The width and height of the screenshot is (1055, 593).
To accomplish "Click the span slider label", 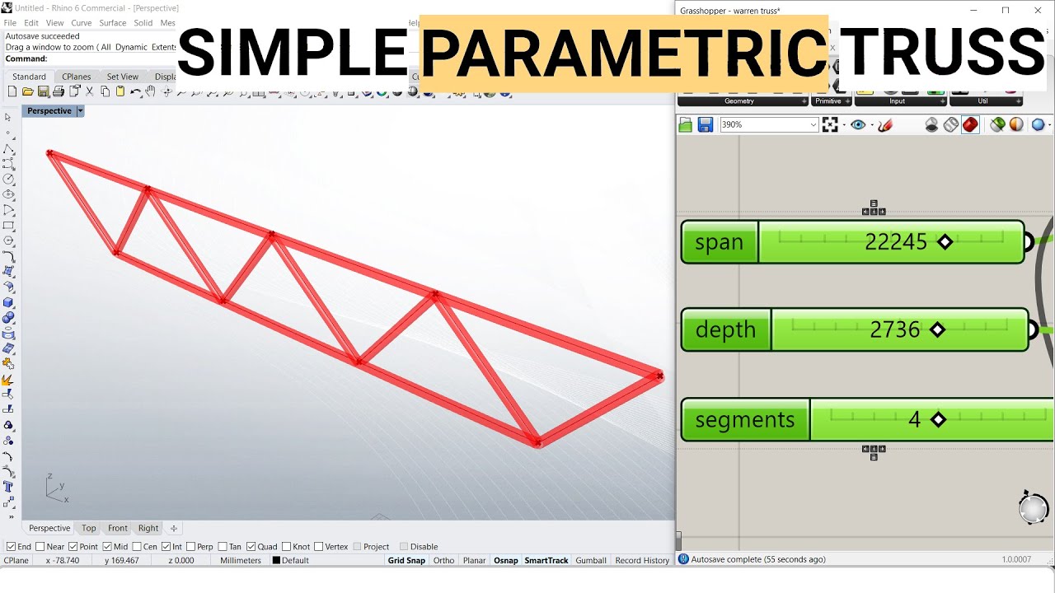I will click(x=719, y=242).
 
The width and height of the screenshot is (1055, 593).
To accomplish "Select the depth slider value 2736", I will click(x=894, y=329).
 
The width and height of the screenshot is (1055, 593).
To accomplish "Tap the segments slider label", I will click(x=744, y=419).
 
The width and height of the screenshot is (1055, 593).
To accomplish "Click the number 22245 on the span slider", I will click(x=895, y=242).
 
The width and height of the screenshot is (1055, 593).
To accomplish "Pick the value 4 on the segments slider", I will click(x=914, y=419).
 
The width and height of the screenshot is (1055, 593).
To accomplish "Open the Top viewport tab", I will click(x=88, y=528).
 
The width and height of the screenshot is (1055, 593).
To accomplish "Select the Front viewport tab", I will click(x=118, y=528).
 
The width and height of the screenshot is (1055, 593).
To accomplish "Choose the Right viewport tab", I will click(x=148, y=528).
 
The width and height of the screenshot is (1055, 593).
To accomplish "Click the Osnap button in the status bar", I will click(x=505, y=560).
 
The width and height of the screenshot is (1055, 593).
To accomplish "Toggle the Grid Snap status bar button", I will click(x=406, y=560).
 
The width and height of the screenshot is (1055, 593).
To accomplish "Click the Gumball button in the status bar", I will click(x=591, y=560).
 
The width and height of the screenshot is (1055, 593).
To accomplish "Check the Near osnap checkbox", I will click(x=41, y=546).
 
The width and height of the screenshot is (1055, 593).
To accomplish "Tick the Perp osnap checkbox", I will click(x=191, y=546).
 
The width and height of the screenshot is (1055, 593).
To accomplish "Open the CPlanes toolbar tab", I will click(x=77, y=77).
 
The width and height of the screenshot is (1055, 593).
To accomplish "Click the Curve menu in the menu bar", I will click(x=81, y=23).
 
